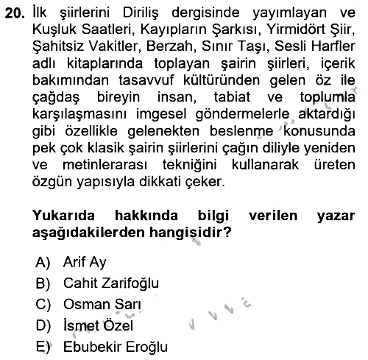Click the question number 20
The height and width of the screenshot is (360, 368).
pyautogui.click(x=15, y=13)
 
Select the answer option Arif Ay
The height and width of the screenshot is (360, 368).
pyautogui.click(x=85, y=262)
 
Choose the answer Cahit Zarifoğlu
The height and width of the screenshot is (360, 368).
pyautogui.click(x=111, y=283)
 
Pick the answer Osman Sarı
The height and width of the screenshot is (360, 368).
pyautogui.click(x=102, y=304)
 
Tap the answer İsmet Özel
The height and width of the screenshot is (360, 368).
pyautogui.click(x=98, y=325)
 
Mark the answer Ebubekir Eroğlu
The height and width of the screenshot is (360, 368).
pyautogui.click(x=116, y=347)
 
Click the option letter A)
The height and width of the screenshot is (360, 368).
pyautogui.click(x=43, y=262)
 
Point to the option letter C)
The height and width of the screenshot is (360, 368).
pyautogui.click(x=43, y=305)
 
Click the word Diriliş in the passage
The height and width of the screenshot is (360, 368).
pyautogui.click(x=141, y=13)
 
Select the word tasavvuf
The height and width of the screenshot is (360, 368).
pyautogui.click(x=146, y=80)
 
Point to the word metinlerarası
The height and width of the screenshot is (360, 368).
pyautogui.click(x=105, y=165)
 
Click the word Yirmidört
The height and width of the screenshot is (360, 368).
pyautogui.click(x=286, y=29)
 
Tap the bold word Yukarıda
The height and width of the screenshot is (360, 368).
pyautogui.click(x=63, y=216)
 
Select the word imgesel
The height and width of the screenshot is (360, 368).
pyautogui.click(x=161, y=114)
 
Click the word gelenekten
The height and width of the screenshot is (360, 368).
pyautogui.click(x=163, y=131)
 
